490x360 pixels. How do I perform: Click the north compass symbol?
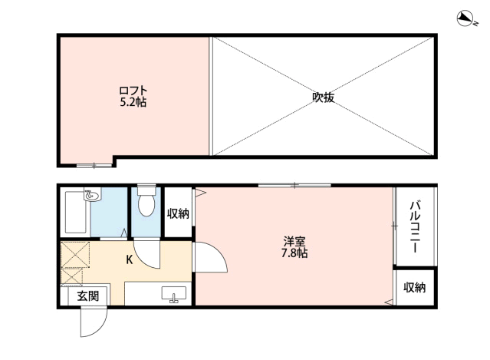pos(465,18)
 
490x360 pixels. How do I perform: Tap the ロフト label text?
pos(133,91)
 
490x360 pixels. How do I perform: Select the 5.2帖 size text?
pos(133,102)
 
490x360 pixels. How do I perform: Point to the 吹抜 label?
pos(324,97)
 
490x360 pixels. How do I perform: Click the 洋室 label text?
pos(294,242)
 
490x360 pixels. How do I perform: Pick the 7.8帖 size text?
pos(294,253)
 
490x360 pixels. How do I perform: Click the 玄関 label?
pos(88,296)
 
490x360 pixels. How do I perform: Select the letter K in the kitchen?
pos(130,259)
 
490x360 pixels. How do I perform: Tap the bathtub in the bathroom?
pos(75,213)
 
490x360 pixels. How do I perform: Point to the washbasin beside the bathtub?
pos(93,195)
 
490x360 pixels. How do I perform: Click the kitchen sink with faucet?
pos(174,295)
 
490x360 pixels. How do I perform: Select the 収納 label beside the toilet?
pos(178,214)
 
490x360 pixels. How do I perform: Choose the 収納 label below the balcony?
pos(414,287)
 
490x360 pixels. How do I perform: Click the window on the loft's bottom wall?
pos(94,165)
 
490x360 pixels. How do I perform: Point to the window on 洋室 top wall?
pos(294,186)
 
